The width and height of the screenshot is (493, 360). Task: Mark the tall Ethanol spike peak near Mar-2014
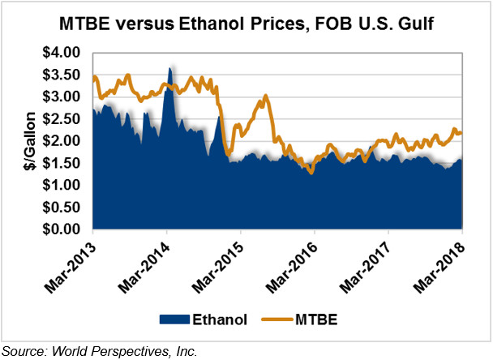click(169, 68)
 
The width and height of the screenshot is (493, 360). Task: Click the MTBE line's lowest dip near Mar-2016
click(311, 172)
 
